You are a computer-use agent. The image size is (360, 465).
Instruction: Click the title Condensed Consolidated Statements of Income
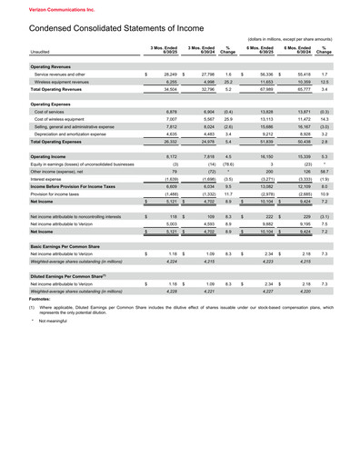click(121, 28)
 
